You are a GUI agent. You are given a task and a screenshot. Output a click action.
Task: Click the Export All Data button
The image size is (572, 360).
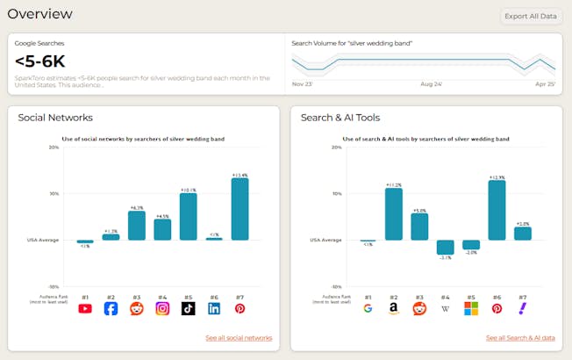[531, 16]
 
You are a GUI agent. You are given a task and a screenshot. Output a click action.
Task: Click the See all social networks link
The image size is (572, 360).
[239, 338]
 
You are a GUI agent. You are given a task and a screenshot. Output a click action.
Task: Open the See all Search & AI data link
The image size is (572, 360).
[520, 338]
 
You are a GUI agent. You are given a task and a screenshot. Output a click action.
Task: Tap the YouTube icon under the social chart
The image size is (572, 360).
[85, 308]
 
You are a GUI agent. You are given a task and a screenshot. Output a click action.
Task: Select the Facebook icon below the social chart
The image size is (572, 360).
[111, 308]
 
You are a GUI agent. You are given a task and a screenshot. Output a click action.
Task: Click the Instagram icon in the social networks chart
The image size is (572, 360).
[162, 308]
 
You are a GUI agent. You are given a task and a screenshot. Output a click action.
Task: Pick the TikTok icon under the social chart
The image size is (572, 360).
[188, 308]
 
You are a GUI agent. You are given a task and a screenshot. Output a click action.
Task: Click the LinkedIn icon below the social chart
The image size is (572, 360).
[214, 308]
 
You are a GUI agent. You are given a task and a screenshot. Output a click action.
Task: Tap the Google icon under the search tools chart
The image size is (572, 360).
[368, 308]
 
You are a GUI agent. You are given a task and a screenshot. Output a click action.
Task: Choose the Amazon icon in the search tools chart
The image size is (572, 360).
[394, 308]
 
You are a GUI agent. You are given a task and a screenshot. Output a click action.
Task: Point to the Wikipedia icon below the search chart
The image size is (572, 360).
[446, 308]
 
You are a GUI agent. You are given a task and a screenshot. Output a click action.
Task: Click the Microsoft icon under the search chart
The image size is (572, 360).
[471, 308]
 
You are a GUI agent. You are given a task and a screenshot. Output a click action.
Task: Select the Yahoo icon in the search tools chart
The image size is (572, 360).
[523, 308]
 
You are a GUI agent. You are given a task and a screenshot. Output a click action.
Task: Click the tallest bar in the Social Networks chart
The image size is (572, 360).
[240, 209]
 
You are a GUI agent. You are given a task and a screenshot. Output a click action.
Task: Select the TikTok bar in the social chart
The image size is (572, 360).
[188, 217]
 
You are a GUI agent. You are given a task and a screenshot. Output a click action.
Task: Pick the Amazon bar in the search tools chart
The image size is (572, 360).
[394, 214]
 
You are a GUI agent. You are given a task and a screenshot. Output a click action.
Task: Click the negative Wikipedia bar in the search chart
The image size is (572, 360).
[446, 247]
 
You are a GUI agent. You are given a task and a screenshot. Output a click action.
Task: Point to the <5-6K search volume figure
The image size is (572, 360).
[40, 61]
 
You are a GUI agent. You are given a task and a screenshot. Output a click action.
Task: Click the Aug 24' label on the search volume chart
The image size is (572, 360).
[431, 84]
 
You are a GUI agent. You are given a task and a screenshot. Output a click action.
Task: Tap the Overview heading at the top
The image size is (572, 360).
[40, 14]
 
